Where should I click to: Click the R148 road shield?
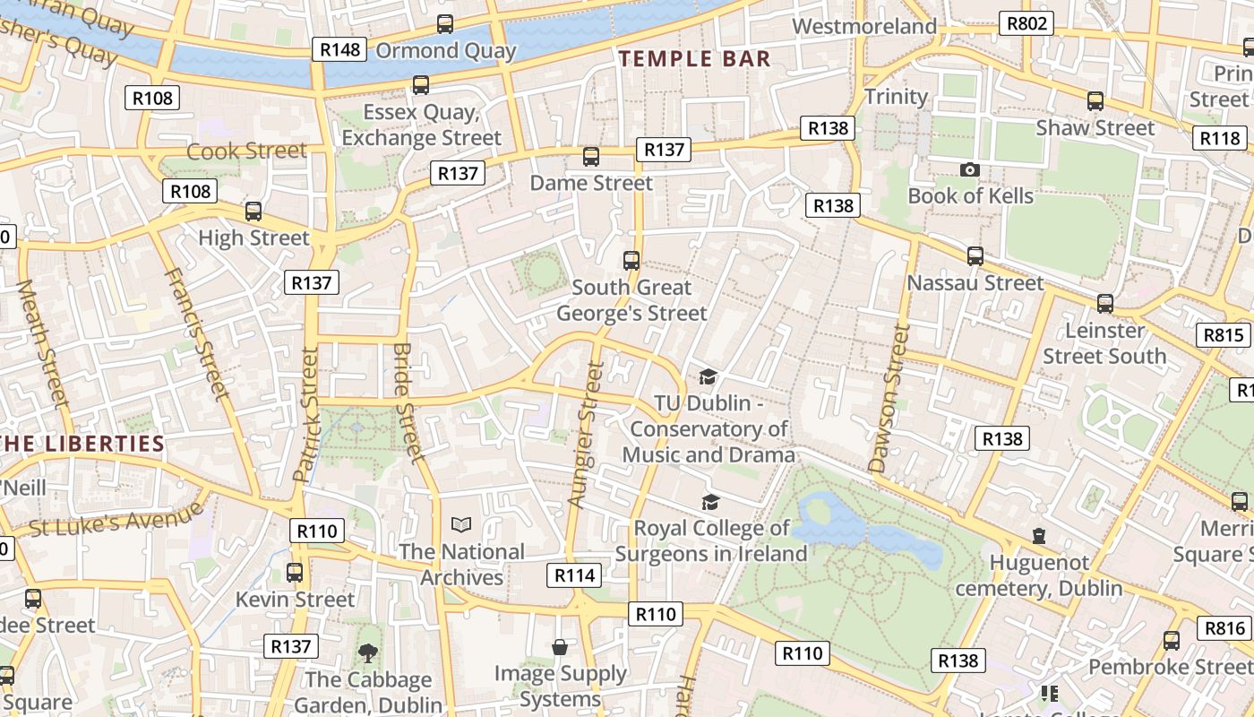point(339,49)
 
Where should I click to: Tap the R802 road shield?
point(1026,23)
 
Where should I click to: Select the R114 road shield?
point(574,575)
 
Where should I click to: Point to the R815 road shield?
point(1223,335)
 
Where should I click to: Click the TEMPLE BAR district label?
point(695,59)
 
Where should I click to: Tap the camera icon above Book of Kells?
point(969,169)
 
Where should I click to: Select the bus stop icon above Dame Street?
point(590,157)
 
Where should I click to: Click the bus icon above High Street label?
point(253,212)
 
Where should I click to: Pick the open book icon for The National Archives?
point(461,524)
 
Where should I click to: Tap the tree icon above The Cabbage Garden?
point(367,652)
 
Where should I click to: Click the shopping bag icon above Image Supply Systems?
point(560,646)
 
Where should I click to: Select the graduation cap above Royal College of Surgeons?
point(710,502)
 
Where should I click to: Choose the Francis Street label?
point(196,333)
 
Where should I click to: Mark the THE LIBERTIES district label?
point(82,445)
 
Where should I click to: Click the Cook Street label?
point(247,151)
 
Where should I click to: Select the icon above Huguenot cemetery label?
point(1038,536)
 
